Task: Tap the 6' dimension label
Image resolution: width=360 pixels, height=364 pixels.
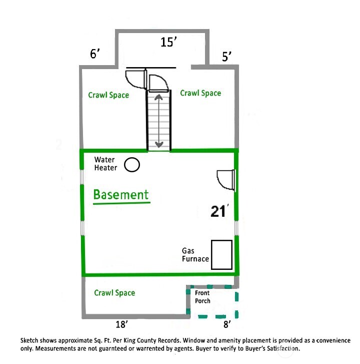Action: [95, 54]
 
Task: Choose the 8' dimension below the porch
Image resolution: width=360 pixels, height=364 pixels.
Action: [227, 324]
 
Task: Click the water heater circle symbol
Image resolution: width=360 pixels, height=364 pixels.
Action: [132, 165]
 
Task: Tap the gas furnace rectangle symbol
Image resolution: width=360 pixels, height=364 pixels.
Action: [221, 255]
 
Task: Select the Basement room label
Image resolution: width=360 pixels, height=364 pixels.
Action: [121, 194]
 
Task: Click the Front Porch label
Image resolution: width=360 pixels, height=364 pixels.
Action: [203, 297]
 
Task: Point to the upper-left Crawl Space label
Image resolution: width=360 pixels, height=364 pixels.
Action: [108, 95]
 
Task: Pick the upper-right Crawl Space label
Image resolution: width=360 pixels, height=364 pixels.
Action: [200, 93]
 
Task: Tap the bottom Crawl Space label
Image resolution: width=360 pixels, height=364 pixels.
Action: [114, 293]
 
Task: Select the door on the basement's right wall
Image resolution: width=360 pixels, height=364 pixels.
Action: [225, 179]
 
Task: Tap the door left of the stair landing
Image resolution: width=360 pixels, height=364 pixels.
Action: [135, 78]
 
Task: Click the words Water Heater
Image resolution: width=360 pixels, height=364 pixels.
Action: [106, 164]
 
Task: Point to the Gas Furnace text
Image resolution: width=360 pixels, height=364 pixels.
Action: [195, 255]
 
